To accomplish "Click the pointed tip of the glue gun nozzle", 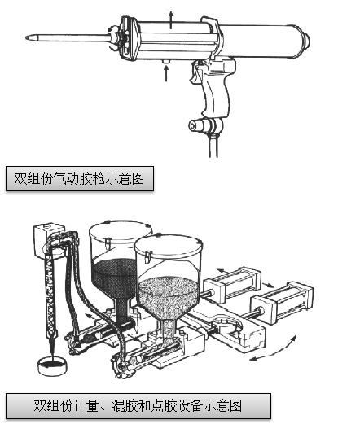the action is point(27,37).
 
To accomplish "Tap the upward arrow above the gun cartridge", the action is point(171,20).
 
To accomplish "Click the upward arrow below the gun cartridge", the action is point(166,73).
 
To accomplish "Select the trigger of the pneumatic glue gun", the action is point(196,72).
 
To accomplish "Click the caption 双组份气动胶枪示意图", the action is point(79,178).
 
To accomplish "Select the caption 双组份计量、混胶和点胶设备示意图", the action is point(138,406).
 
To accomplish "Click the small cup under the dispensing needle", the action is point(52,366).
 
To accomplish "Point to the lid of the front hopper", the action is point(169,246).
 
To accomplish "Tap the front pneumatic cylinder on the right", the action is point(283,303).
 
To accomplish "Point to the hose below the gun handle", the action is point(213,145).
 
